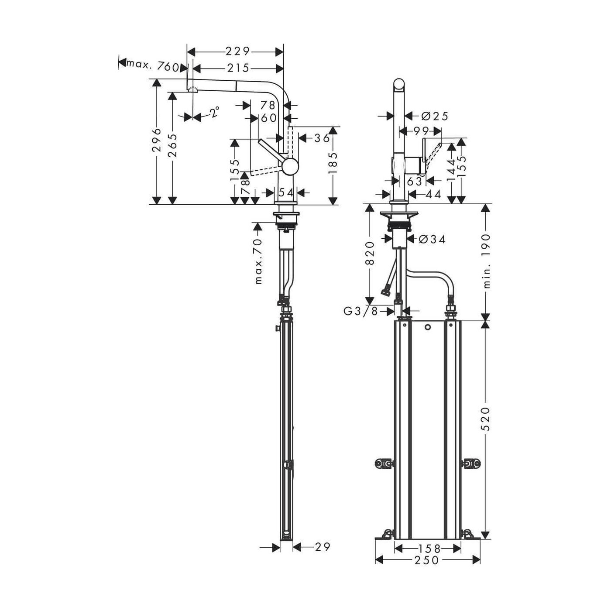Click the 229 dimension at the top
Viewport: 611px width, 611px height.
point(237,51)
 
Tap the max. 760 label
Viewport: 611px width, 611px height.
point(152,66)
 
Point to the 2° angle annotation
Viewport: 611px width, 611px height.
point(213,113)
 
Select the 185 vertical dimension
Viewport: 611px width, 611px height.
point(333,162)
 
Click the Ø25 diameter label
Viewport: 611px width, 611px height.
point(435,116)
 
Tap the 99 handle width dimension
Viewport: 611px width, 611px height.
point(420,130)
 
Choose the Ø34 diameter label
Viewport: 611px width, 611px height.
point(432,239)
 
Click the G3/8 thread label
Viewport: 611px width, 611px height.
point(360,311)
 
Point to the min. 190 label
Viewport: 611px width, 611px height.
point(487,261)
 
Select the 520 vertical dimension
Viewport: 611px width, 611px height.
point(486,419)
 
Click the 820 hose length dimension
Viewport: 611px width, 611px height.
point(370,253)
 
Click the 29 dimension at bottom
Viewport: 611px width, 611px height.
point(323,547)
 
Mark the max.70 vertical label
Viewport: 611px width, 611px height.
point(258,261)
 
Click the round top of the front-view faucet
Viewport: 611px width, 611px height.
point(399,85)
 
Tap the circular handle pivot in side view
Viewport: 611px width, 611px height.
point(290,167)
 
